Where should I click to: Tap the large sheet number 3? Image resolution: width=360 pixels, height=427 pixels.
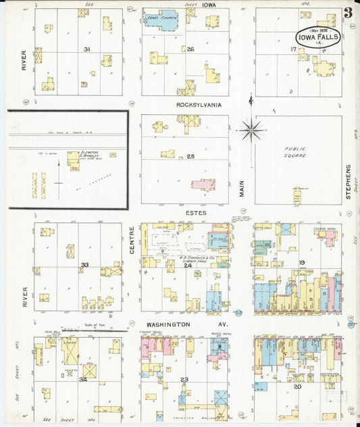346,11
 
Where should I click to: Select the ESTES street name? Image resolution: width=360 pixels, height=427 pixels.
199,213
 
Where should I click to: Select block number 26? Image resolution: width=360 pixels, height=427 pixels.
190,49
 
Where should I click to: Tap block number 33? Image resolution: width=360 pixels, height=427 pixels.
84,265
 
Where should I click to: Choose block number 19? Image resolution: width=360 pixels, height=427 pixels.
302,263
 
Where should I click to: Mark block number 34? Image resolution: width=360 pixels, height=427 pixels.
83,379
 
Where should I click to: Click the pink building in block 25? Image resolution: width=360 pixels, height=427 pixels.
203,184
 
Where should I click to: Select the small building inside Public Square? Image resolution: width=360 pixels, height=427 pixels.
297,196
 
